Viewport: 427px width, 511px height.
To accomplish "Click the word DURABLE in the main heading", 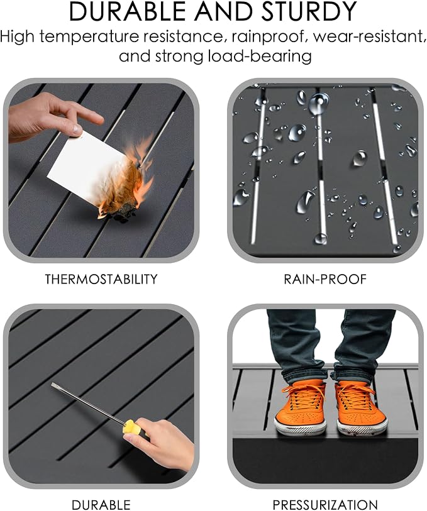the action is point(128,12).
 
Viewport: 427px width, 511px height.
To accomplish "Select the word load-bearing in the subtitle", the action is point(260,56).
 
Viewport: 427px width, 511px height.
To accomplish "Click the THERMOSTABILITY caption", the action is point(101,279).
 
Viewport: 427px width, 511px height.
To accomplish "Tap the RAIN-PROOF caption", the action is point(325,279).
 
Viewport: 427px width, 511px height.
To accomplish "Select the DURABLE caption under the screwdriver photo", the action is point(101,505).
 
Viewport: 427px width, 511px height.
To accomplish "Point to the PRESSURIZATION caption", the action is point(325,505).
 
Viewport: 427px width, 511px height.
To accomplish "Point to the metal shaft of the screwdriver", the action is point(89,404).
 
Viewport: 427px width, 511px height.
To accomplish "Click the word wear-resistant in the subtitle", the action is point(370,36).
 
